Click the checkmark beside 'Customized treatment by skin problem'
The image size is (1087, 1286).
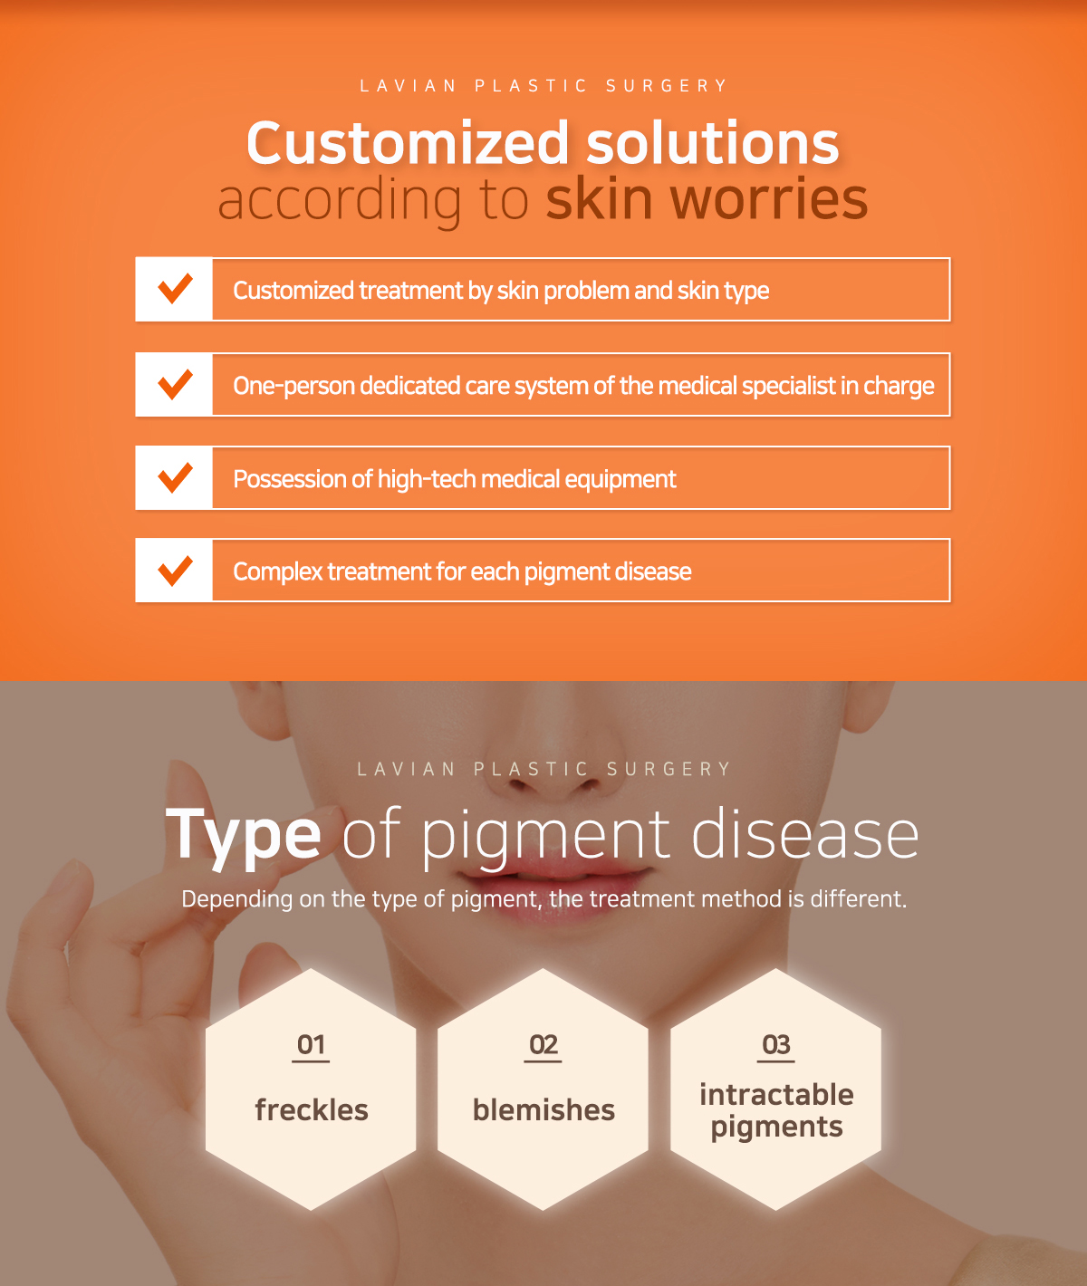click(x=175, y=288)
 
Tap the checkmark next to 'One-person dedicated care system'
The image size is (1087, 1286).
click(x=175, y=384)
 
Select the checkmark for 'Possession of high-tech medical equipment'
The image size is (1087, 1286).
click(x=175, y=478)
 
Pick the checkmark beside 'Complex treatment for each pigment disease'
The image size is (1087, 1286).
click(x=175, y=571)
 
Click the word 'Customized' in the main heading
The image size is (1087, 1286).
click(x=408, y=143)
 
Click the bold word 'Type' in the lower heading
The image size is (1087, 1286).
click(x=244, y=837)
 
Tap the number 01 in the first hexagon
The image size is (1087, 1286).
click(x=311, y=1044)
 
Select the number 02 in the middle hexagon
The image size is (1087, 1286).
click(x=543, y=1044)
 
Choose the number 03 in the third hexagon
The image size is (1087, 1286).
click(x=775, y=1044)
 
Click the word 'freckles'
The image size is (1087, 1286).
click(x=312, y=1109)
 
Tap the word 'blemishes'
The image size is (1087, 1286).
click(x=543, y=1109)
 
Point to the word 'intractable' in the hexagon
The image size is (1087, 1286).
click(x=776, y=1094)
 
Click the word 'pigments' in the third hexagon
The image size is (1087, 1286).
click(x=776, y=1128)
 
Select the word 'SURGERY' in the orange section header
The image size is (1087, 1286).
click(x=667, y=86)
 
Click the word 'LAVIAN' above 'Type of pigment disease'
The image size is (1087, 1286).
click(x=407, y=769)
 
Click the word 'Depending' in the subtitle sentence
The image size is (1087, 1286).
click(x=237, y=900)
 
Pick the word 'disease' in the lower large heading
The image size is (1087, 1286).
click(x=804, y=835)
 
